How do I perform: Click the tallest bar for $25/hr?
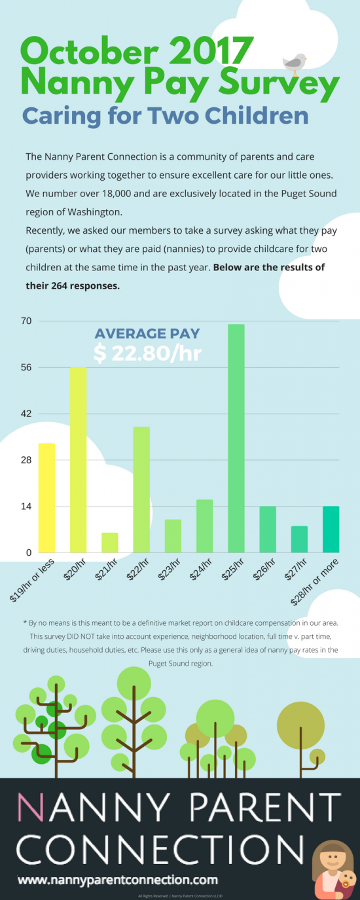click(x=236, y=438)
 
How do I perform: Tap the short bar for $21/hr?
click(x=110, y=543)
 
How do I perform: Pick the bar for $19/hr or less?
click(x=46, y=497)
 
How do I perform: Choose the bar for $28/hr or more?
click(x=331, y=529)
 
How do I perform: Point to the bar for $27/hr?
click(x=299, y=539)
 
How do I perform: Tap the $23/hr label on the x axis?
click(x=170, y=569)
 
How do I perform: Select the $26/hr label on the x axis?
click(x=265, y=569)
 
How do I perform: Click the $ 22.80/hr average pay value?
click(x=147, y=353)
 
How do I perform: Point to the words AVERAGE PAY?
click(x=147, y=333)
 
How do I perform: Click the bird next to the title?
click(x=294, y=63)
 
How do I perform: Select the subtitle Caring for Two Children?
click(x=165, y=116)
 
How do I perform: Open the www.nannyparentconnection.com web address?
click(x=117, y=880)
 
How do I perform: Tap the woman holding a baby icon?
click(x=334, y=870)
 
